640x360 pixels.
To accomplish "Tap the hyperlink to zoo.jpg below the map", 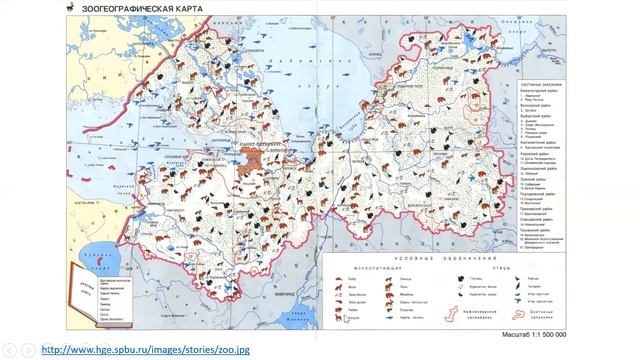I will (144, 349).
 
